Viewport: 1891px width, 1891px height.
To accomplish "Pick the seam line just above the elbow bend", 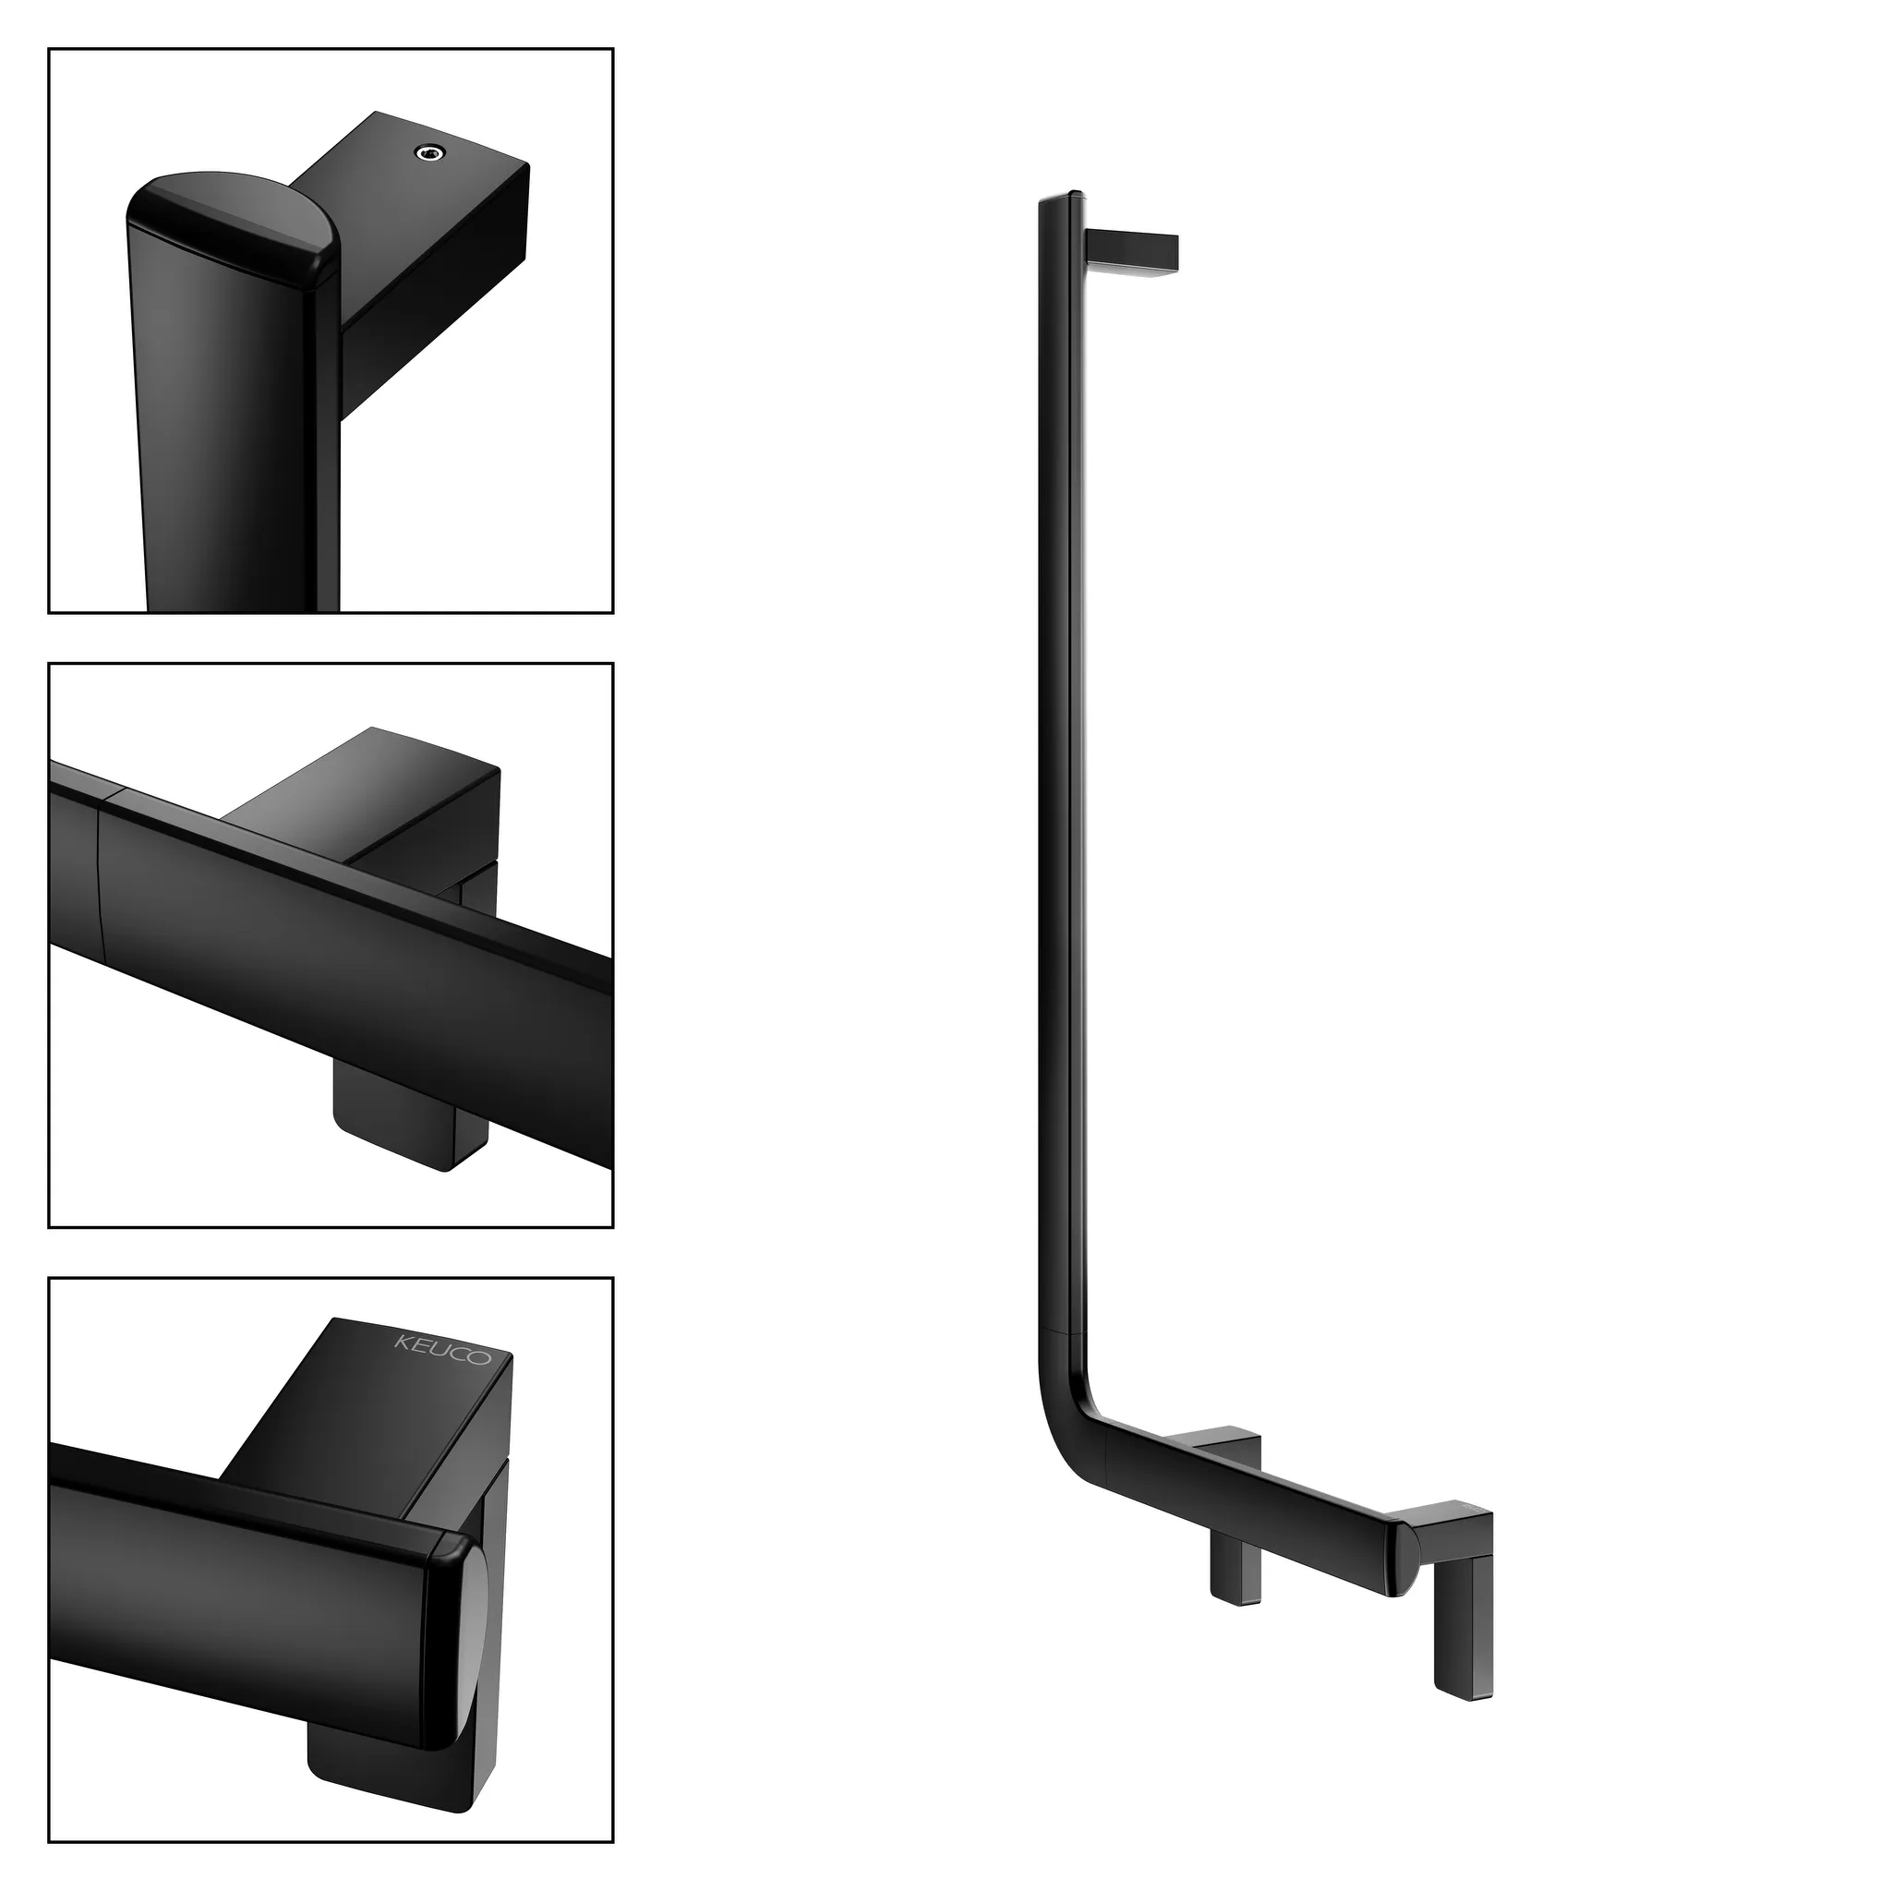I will pyautogui.click(x=1061, y=1332).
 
